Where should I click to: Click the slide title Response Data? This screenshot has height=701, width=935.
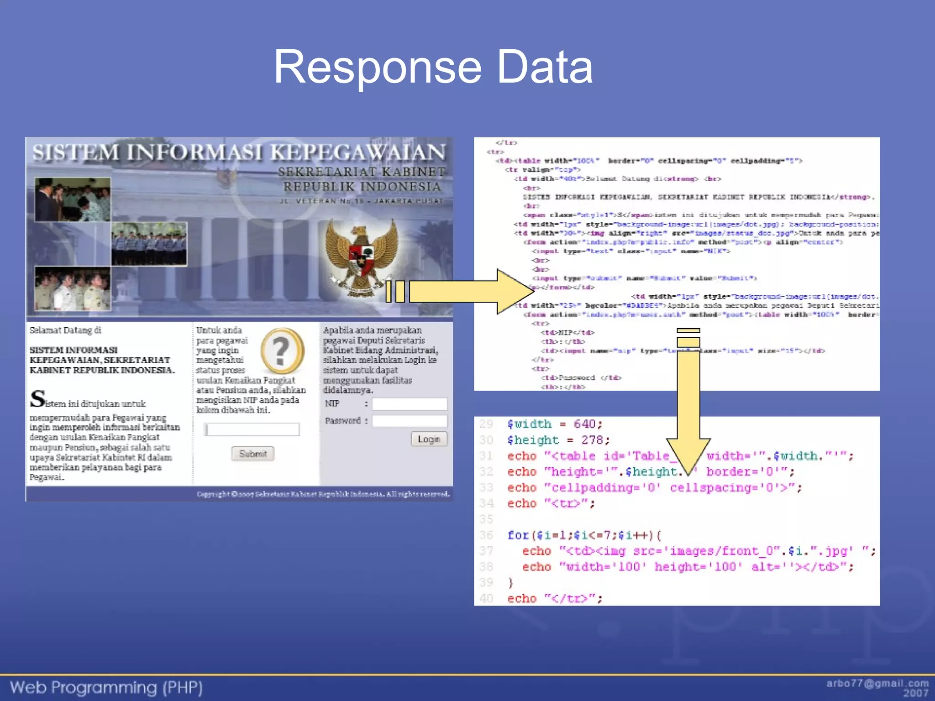click(433, 67)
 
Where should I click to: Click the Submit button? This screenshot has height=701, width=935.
click(252, 453)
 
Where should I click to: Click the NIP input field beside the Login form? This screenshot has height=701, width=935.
click(410, 404)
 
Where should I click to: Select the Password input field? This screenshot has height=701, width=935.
click(410, 421)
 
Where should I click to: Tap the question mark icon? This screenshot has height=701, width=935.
click(282, 350)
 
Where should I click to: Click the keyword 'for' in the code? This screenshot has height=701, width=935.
click(518, 535)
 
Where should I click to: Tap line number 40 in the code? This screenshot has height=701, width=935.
click(486, 598)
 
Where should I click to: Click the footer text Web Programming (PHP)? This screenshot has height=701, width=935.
click(106, 687)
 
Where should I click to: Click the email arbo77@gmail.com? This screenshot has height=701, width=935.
click(877, 683)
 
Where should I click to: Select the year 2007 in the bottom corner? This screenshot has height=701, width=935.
click(915, 693)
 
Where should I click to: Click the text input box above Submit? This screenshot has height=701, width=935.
click(252, 429)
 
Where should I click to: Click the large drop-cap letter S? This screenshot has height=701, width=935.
click(37, 398)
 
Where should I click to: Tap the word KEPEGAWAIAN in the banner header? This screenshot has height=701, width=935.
click(357, 152)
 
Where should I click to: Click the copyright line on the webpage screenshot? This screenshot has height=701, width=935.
click(323, 494)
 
